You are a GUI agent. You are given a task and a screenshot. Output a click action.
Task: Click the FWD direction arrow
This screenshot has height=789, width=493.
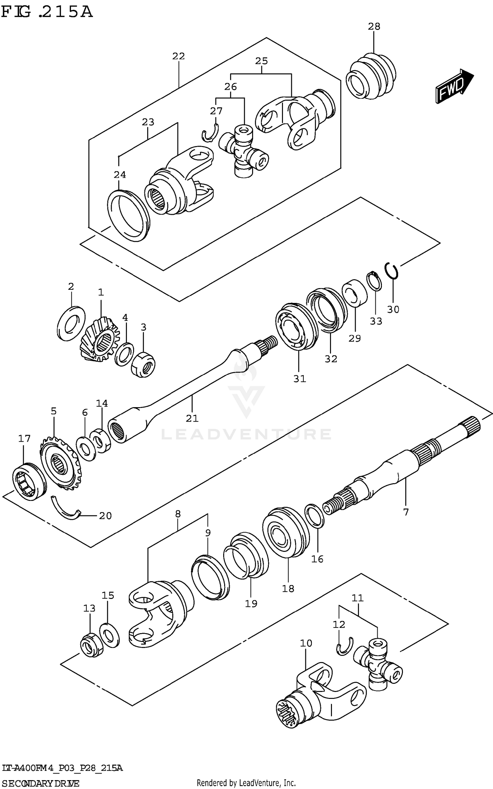454,86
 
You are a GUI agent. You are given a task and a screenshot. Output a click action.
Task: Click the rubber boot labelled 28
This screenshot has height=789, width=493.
371,76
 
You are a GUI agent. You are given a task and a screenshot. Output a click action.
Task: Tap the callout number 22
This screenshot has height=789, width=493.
178,56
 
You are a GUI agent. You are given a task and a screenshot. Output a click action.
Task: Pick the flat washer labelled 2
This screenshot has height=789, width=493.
71,323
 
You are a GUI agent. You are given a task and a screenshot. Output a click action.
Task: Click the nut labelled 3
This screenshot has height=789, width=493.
143,364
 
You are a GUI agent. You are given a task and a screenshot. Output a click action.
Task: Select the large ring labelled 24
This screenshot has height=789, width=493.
128,215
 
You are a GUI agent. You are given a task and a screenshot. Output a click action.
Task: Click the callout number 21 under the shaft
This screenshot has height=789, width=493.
192,418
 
